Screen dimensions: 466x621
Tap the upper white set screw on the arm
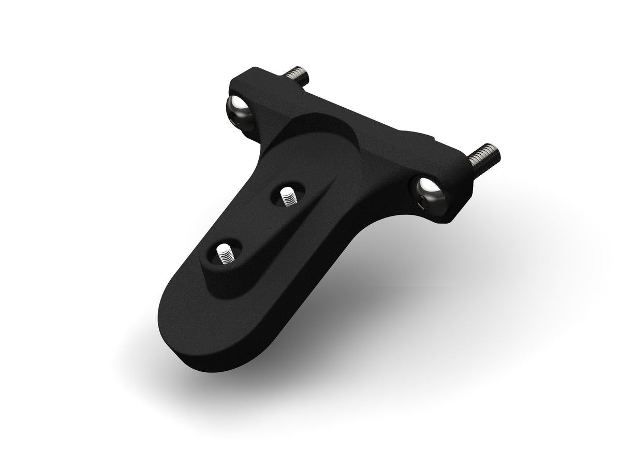[286, 196]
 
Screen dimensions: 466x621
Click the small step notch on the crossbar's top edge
[432, 139]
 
